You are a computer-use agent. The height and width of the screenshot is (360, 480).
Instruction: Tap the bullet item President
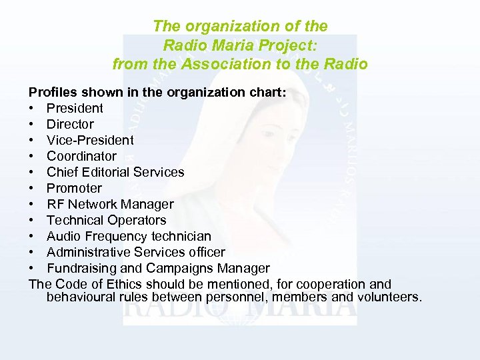75,108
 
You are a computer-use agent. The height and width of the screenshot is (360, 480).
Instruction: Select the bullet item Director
70,124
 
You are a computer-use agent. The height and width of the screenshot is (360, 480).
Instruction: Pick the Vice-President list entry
90,140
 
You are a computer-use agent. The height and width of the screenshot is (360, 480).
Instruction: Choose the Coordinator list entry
81,156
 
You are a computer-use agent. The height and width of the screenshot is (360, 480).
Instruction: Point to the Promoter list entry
74,188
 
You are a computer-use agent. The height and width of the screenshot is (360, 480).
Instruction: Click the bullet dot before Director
31,125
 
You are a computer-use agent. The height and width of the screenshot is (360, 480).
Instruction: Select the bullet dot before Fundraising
31,269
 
